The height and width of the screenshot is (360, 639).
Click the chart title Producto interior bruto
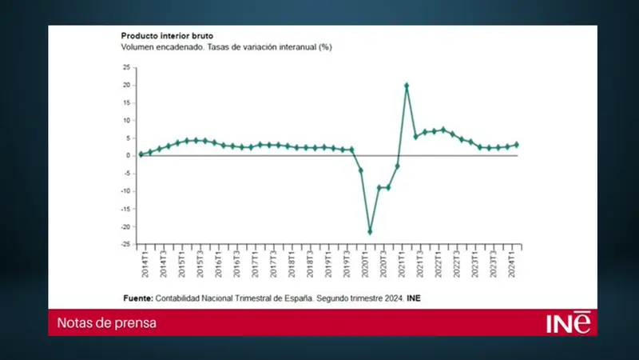166,36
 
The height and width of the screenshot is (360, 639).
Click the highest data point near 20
407,86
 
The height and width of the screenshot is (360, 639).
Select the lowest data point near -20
370,232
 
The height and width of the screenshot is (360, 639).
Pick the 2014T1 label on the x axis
144,263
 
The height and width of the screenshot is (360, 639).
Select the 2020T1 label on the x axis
364,263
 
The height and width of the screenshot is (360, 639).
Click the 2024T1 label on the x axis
511,263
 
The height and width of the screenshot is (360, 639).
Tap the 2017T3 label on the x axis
272,263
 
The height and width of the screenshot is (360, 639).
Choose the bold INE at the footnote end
413,298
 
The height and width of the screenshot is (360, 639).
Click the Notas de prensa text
106,322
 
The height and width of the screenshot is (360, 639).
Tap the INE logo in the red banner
570,322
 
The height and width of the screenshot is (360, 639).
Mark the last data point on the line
517,145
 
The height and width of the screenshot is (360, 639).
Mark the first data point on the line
141,154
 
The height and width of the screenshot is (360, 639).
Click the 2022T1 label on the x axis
438,263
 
